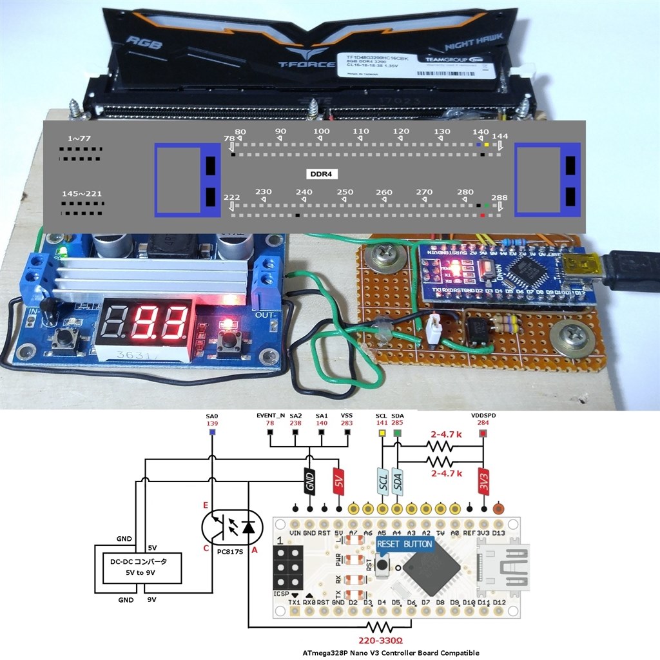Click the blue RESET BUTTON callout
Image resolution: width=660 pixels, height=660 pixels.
pyautogui.click(x=405, y=544)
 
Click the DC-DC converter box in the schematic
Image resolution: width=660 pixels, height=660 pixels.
pyautogui.click(x=139, y=566)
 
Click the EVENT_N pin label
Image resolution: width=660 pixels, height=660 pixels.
pyautogui.click(x=271, y=416)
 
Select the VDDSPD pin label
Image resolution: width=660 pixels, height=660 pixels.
pyautogui.click(x=484, y=416)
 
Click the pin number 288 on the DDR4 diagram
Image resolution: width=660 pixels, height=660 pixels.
pyautogui.click(x=499, y=197)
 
